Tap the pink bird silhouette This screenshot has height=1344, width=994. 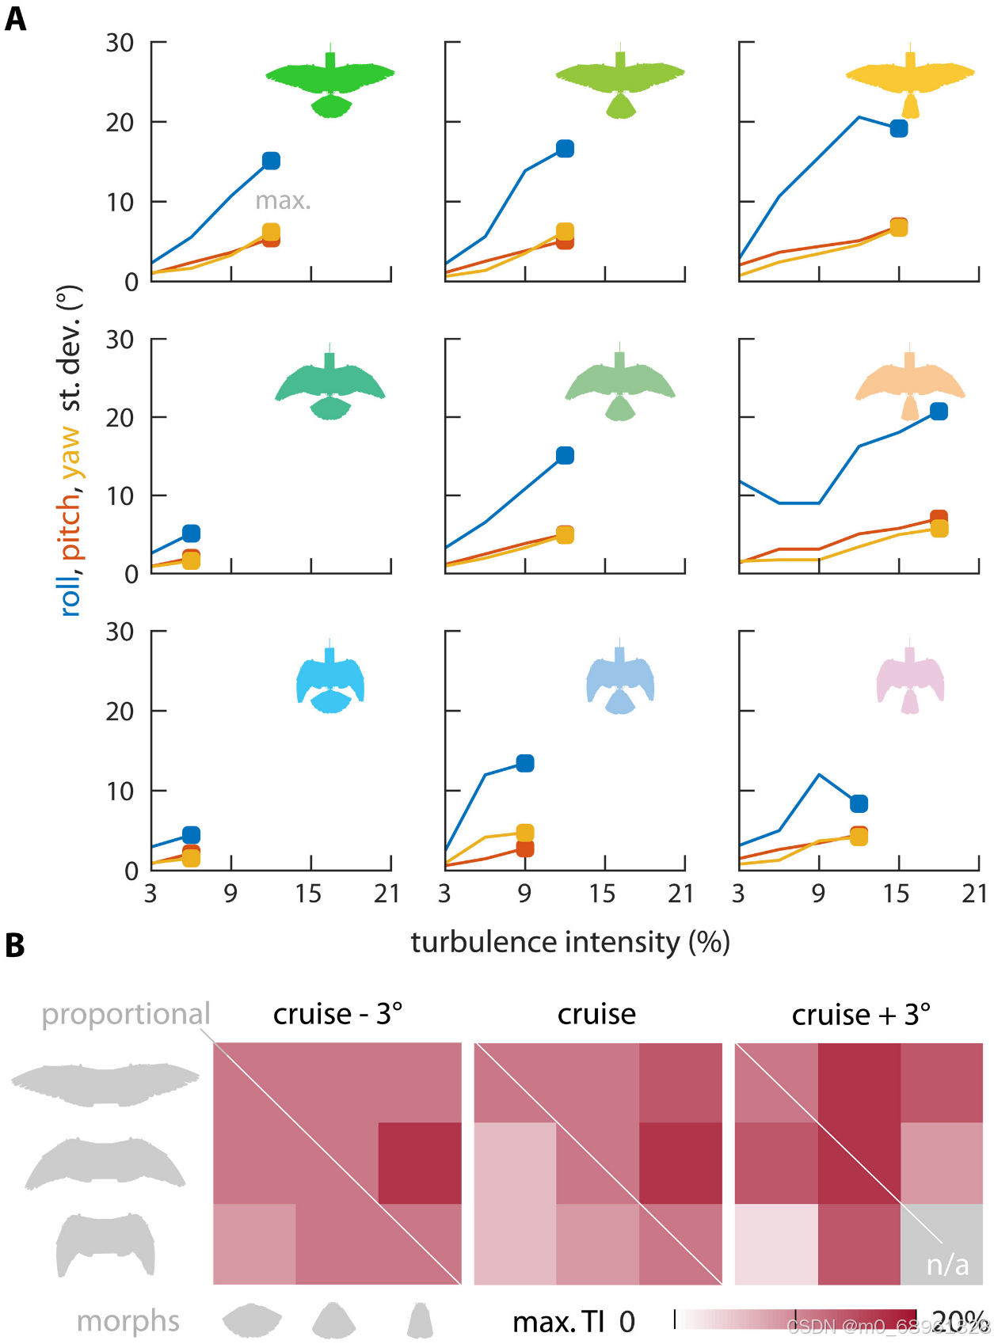pos(910,679)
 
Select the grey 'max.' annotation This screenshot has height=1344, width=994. pos(283,201)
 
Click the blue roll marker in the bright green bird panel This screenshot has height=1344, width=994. pos(271,161)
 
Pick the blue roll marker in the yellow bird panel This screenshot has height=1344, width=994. pos(898,128)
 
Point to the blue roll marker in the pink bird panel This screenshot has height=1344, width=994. pos(859,803)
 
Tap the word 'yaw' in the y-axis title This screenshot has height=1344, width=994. pos(70,452)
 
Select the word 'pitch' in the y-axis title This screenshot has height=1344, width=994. pos(70,526)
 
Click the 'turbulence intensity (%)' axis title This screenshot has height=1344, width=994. pos(569,942)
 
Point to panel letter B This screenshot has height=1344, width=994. pos(14,946)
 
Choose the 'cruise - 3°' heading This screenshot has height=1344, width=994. pos(337,1014)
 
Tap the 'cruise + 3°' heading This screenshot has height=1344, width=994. pos(861,1014)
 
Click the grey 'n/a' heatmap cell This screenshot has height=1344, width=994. pos(943,1245)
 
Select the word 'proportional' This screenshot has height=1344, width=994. pos(126,1014)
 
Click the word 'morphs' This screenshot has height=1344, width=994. pos(128,1321)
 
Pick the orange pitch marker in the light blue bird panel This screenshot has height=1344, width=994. pos(524,849)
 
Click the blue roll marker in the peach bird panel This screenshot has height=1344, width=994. pos(939,411)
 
